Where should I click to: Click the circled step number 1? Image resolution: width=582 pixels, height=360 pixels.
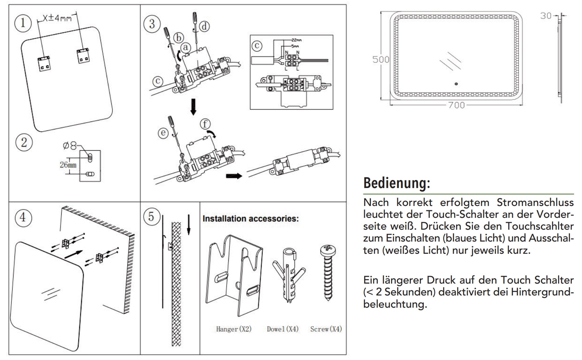(23, 23)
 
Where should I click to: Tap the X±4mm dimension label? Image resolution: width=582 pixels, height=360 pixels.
(57, 18)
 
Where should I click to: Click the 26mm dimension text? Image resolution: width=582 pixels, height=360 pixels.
(68, 165)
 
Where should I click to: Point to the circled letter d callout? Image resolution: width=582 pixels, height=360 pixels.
(204, 26)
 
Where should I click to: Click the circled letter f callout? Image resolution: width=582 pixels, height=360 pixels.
(205, 124)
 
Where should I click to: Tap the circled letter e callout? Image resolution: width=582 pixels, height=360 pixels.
(163, 133)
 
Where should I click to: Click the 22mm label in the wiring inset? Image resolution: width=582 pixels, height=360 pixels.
(297, 40)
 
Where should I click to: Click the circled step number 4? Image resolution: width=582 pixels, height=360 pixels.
(23, 217)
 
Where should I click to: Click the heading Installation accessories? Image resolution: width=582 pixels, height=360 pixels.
(251, 219)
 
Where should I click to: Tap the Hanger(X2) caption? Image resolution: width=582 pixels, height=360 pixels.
(234, 329)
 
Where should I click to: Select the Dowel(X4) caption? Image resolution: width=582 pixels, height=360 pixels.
(283, 329)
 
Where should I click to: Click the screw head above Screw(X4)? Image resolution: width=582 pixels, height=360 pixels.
(328, 249)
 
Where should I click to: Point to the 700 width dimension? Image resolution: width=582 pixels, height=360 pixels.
(456, 105)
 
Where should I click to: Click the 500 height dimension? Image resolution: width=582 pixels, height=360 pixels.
(381, 60)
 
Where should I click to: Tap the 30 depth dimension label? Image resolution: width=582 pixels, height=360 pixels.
(545, 16)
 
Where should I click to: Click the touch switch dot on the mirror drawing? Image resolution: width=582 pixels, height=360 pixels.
(456, 84)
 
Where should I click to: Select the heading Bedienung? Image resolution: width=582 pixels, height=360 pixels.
(396, 183)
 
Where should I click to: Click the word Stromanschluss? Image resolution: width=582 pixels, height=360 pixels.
(535, 202)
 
